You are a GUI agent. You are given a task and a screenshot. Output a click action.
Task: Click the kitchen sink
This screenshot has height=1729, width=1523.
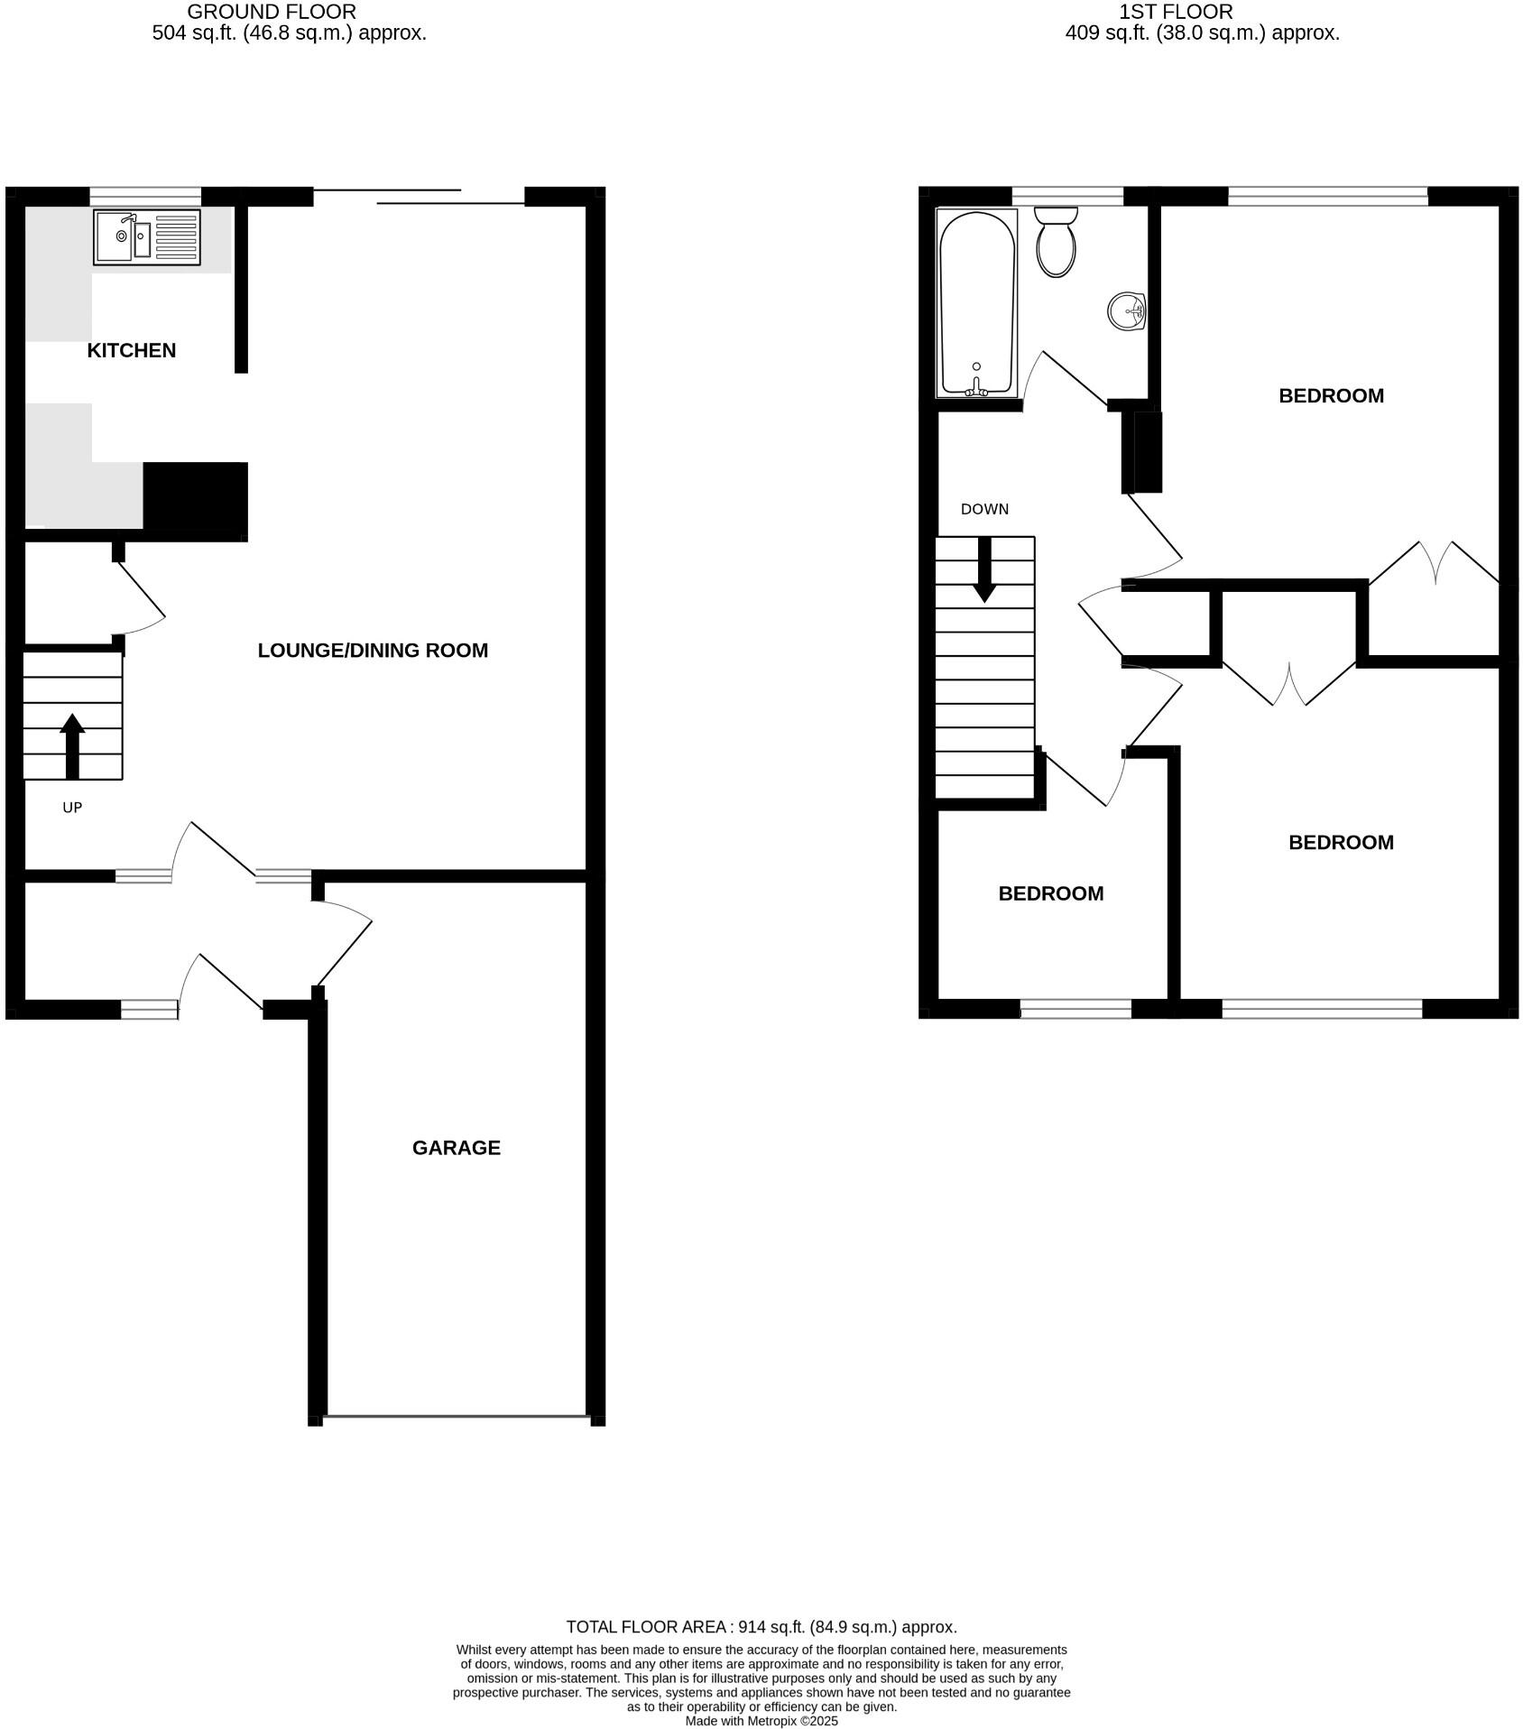click(146, 237)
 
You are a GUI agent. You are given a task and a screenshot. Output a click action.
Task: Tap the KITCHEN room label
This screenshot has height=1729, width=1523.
click(132, 350)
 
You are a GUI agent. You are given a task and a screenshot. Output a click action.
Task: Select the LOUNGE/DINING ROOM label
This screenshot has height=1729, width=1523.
click(373, 650)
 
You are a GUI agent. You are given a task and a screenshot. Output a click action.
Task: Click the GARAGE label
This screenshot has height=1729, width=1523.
click(456, 1147)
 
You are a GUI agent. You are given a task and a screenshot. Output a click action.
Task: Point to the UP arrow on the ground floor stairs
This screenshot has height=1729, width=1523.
click(72, 744)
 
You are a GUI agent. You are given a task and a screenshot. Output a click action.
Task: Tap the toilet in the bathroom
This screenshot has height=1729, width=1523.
click(1056, 241)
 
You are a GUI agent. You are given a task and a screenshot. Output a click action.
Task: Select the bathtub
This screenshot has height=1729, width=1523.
click(977, 302)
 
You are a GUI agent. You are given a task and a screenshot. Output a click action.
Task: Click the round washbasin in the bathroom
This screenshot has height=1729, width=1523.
click(1126, 311)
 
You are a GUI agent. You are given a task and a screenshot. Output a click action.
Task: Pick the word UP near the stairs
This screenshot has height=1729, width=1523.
click(72, 808)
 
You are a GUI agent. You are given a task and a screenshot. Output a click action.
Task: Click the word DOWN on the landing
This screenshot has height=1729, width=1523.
click(984, 509)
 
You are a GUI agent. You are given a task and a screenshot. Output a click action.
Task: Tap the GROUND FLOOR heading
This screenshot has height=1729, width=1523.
click(272, 12)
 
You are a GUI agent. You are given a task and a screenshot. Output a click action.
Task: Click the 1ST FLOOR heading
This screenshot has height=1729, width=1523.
click(1175, 12)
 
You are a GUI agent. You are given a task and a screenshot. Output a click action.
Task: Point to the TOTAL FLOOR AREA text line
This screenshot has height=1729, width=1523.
click(761, 1626)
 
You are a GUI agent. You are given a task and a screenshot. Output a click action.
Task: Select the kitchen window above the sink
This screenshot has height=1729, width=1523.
click(145, 196)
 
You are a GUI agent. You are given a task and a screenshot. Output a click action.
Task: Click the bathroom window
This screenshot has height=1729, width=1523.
click(1067, 196)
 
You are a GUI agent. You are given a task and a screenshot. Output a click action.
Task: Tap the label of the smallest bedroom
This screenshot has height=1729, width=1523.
click(1050, 893)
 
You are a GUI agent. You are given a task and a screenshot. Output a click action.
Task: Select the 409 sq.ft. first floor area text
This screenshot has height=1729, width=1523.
click(1202, 33)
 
